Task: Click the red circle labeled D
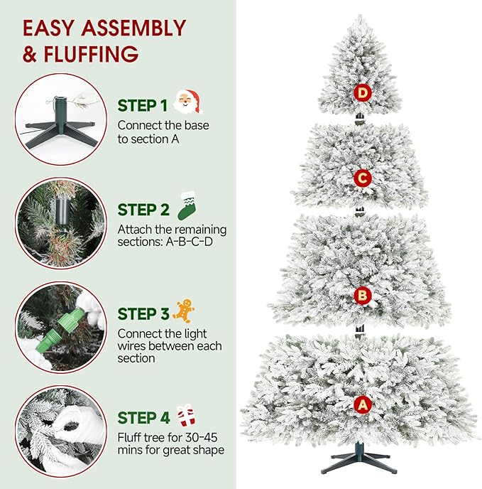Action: click(363, 92)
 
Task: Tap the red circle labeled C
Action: click(362, 178)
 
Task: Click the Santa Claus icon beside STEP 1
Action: click(187, 102)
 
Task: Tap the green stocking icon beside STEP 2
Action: click(186, 206)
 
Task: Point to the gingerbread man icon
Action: click(184, 311)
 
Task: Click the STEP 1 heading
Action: click(143, 106)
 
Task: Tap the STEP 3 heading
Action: click(143, 314)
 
